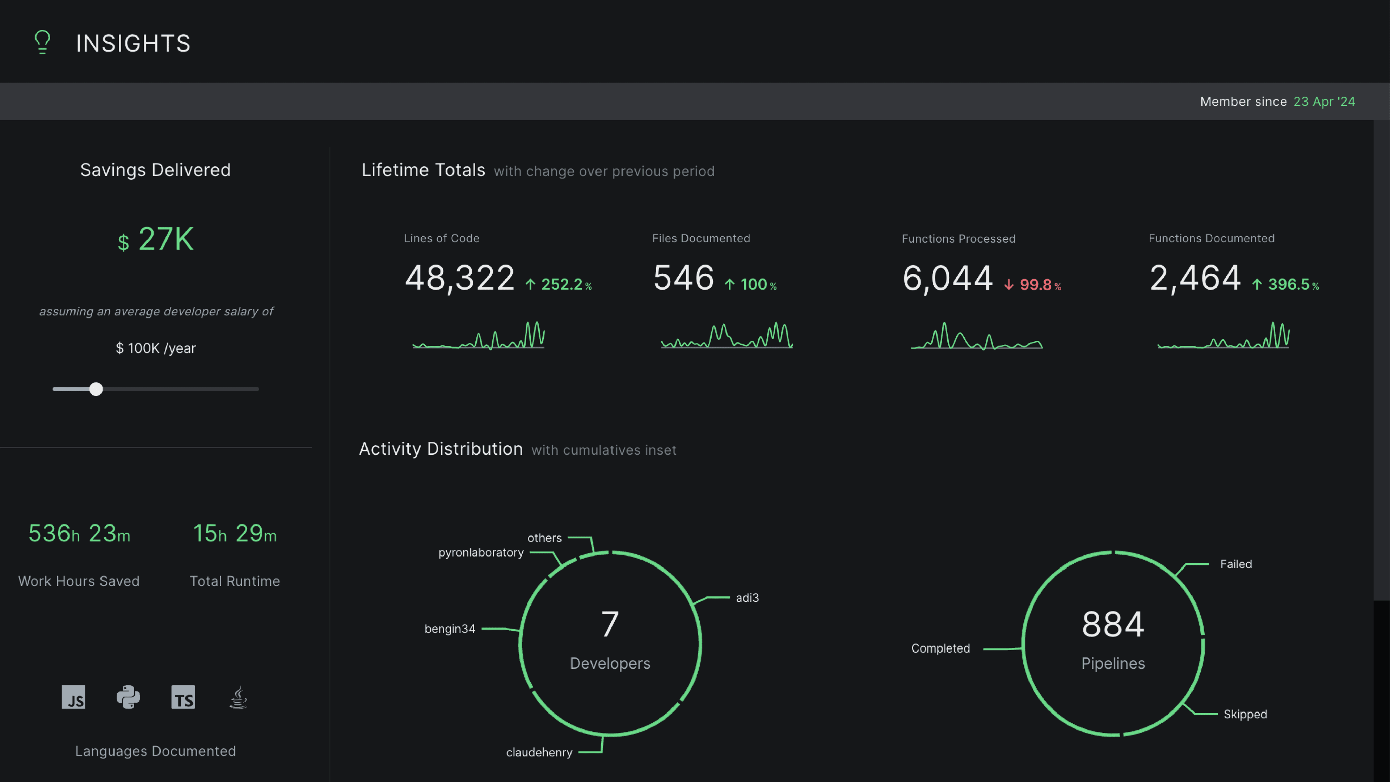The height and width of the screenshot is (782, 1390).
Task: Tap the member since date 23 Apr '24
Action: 1324,101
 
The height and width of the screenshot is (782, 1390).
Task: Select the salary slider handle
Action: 96,389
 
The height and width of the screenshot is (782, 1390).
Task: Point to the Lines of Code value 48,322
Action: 460,278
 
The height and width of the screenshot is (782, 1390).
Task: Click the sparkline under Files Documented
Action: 726,335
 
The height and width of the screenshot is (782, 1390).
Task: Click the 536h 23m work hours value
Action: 79,533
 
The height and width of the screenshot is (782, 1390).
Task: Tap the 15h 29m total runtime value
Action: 235,533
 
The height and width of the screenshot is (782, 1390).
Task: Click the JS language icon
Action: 73,697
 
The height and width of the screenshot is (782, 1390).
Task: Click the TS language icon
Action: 183,697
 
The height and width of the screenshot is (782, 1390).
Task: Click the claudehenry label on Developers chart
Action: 539,752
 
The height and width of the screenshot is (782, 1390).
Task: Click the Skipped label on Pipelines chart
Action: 1245,714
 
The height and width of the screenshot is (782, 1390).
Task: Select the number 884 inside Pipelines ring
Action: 1113,625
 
